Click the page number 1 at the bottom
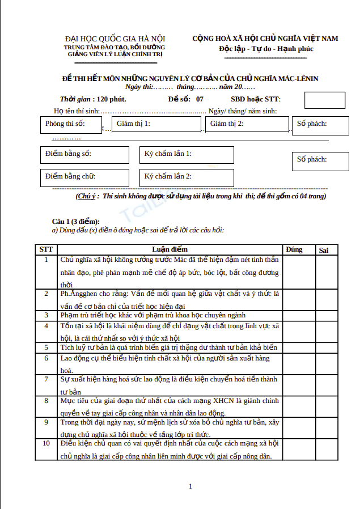pyautogui.click(x=190, y=486)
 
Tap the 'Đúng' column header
pyautogui.click(x=294, y=249)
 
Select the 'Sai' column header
pyautogui.click(x=324, y=250)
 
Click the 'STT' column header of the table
pyautogui.click(x=46, y=249)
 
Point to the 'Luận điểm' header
pyautogui.click(x=170, y=249)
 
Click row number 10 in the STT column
pyautogui.click(x=46, y=443)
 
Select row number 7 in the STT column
pyautogui.click(x=46, y=379)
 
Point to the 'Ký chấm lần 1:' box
pyautogui.click(x=187, y=155)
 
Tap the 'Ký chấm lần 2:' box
pyautogui.click(x=187, y=177)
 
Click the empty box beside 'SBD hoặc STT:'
pyautogui.click(x=321, y=100)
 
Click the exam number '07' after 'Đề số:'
pyautogui.click(x=200, y=99)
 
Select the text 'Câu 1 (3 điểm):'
pyautogui.click(x=75, y=221)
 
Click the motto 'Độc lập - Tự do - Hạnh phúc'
pyautogui.click(x=266, y=49)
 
